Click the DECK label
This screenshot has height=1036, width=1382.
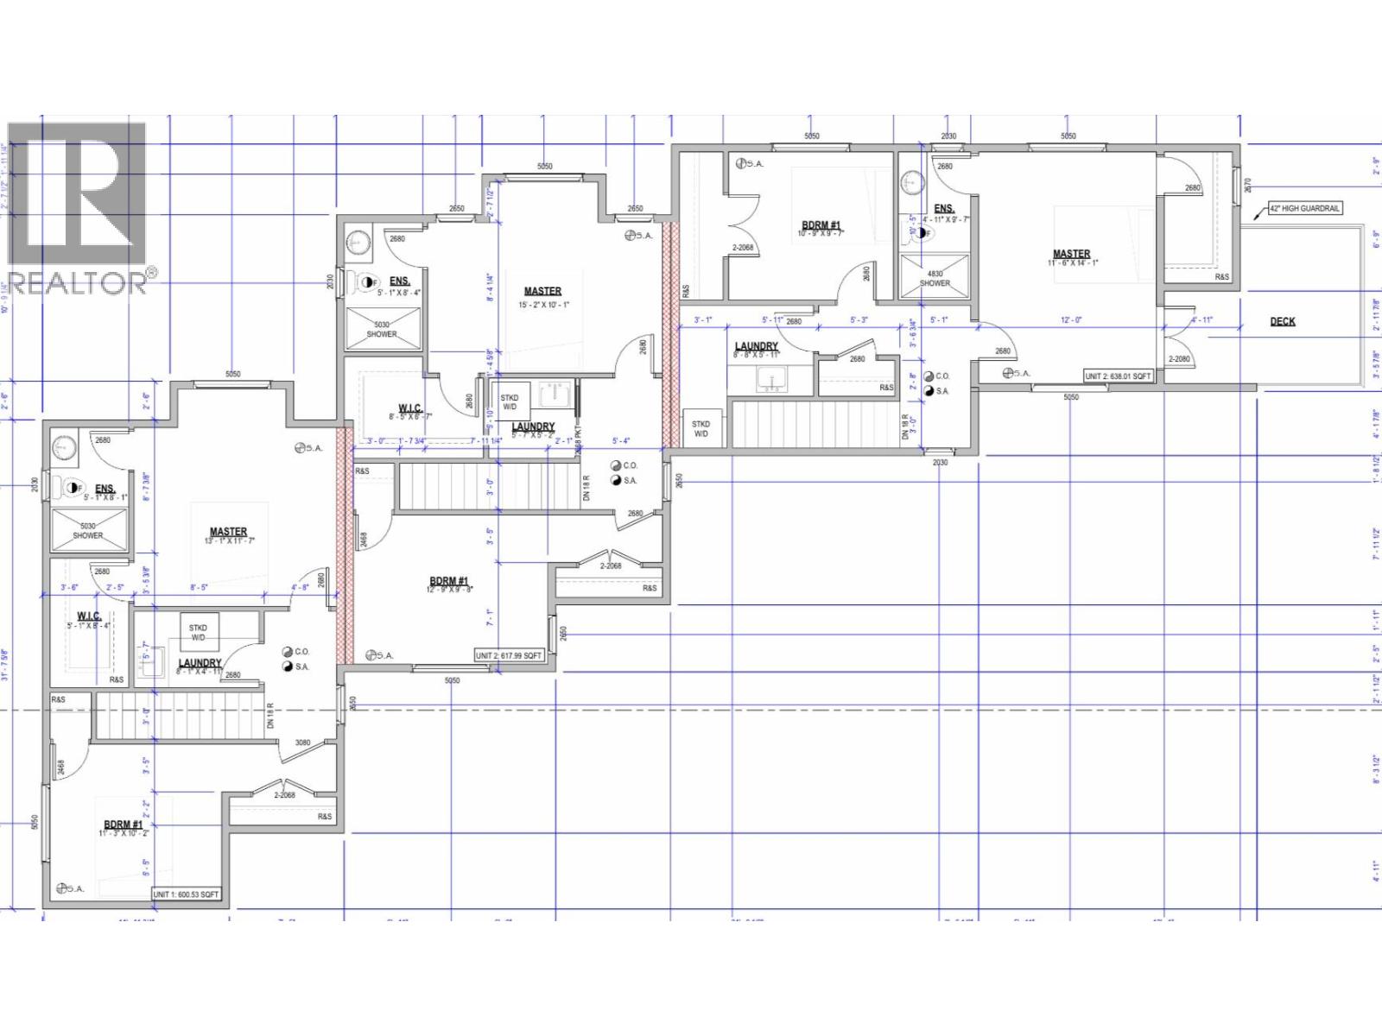(x=1283, y=321)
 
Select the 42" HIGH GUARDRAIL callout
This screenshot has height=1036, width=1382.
(x=1304, y=208)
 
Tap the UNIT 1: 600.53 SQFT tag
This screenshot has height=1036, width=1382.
(x=186, y=894)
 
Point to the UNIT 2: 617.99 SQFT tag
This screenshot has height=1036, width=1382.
(x=509, y=655)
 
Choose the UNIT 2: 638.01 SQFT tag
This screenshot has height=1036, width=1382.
(x=1119, y=376)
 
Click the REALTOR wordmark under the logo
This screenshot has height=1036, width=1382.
(x=78, y=283)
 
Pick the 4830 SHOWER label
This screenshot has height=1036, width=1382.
(x=935, y=278)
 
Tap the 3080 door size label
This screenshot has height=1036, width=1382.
(x=302, y=742)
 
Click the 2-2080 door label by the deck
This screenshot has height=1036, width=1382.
(x=1179, y=359)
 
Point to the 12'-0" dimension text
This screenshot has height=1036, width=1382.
(x=1070, y=320)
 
